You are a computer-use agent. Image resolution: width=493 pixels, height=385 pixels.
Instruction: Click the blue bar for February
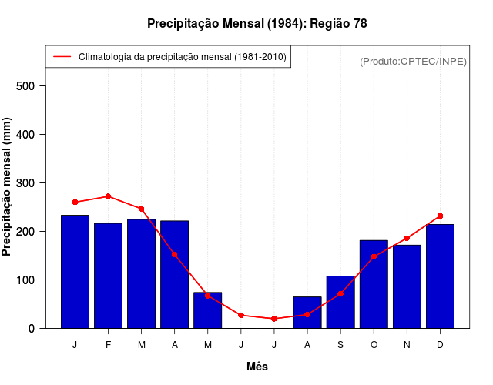108,276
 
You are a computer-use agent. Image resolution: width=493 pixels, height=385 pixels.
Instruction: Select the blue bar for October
374,284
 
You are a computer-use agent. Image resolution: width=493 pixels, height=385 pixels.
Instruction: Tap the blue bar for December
440,276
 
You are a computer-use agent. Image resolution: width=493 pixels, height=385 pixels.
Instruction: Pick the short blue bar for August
307,313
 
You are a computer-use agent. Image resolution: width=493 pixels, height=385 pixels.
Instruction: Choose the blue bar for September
340,302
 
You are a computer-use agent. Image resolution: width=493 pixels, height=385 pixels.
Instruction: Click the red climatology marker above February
108,196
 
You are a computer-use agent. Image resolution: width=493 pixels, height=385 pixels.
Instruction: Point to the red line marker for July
274,319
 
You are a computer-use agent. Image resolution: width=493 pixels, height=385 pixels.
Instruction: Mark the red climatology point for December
440,216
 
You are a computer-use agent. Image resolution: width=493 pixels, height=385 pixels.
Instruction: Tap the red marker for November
407,238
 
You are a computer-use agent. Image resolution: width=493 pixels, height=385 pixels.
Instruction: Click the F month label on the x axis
108,345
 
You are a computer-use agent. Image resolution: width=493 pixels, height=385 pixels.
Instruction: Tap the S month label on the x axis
340,345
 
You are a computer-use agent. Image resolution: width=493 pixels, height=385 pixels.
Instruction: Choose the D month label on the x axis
440,345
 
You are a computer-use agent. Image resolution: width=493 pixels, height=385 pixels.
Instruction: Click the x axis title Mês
257,367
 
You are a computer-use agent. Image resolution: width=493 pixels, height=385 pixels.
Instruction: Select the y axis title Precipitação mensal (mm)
8,187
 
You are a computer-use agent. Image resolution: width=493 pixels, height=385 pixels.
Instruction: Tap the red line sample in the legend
62,57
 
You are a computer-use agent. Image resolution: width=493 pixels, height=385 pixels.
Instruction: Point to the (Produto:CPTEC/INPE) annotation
413,61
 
